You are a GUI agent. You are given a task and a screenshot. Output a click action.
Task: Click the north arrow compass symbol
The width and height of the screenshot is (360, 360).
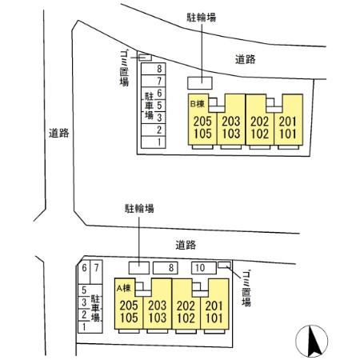point(311,341)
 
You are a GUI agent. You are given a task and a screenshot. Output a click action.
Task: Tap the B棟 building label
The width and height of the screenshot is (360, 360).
point(198,103)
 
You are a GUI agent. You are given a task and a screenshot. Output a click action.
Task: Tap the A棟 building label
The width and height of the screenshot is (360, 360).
point(124,288)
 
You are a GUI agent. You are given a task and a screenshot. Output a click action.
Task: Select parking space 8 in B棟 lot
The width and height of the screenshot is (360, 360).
point(154,69)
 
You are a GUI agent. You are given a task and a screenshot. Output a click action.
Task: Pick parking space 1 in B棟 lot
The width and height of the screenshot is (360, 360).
point(154,142)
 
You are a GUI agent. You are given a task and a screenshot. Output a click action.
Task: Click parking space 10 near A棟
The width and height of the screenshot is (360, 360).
point(204,268)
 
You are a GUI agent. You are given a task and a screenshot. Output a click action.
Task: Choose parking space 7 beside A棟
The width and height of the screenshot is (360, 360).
point(96,272)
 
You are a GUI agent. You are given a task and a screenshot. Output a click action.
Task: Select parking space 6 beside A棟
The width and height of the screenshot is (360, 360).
point(84,272)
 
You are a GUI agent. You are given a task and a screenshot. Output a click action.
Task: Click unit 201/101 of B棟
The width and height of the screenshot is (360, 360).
point(288,120)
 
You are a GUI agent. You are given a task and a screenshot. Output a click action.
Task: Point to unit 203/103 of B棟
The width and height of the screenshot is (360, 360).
point(231,120)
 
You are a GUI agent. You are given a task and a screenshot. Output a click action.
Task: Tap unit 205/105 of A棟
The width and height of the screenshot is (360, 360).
point(129,304)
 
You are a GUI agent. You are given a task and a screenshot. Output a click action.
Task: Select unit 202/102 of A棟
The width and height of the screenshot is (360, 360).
point(186,304)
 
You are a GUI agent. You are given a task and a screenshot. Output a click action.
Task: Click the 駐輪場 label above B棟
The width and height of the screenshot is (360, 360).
point(202,18)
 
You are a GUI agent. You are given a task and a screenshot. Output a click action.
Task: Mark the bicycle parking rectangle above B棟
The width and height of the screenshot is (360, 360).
point(200,83)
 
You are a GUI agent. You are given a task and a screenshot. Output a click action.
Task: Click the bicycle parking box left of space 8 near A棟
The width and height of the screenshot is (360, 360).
point(139,268)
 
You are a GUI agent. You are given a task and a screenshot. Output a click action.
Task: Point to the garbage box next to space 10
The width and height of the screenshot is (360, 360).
point(224,265)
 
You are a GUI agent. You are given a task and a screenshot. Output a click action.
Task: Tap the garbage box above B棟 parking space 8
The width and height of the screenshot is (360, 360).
point(145,58)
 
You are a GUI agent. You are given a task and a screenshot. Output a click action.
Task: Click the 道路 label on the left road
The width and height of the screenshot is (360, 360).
point(59,133)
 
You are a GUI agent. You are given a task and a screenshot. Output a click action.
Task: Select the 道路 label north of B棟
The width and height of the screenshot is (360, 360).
point(246,59)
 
